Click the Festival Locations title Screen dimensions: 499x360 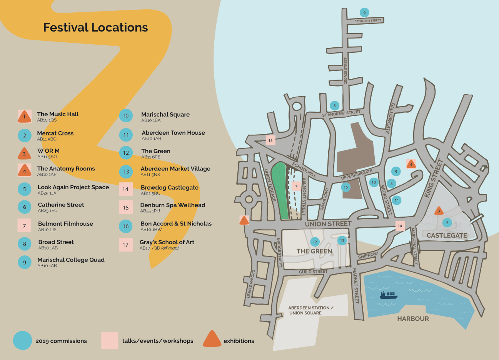(95, 28)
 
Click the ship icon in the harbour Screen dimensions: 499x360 (388, 295)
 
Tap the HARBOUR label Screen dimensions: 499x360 (413, 318)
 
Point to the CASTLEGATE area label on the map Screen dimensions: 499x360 (447, 235)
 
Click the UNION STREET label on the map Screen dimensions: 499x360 (328, 224)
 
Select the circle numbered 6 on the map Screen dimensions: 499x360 (364, 12)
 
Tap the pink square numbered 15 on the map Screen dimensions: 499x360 (270, 140)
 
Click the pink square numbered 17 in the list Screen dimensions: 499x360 (125, 245)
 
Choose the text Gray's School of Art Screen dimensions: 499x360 (167, 242)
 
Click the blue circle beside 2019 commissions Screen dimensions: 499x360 (22, 340)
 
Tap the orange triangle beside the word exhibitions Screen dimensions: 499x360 (212, 339)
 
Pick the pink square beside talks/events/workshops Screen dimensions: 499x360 (110, 340)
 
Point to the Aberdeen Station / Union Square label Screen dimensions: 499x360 (310, 310)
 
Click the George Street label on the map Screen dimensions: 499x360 (345, 71)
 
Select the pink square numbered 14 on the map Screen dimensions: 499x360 (400, 226)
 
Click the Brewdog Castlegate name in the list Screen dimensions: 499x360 (170, 188)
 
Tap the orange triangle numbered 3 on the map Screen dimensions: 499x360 (439, 211)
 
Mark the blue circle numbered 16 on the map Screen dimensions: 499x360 (345, 187)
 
